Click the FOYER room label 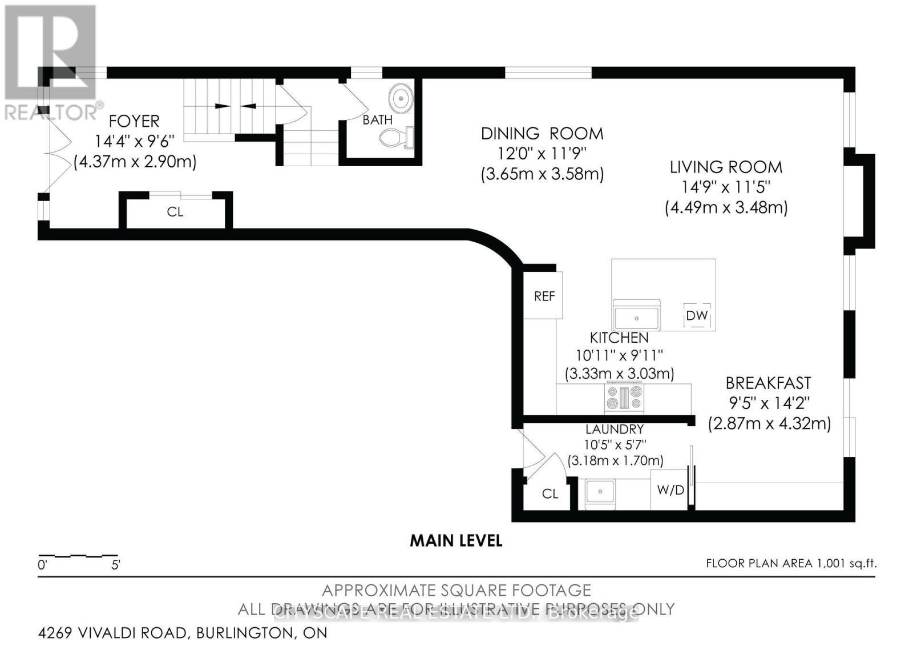coord(134,121)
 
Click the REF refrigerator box coord(544,296)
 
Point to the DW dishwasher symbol coord(697,315)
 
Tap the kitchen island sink coord(636,316)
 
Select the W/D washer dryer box coord(670,490)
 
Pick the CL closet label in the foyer coord(175,212)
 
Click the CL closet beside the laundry coord(550,493)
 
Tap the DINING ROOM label coord(542,134)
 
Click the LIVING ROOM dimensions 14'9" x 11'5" coord(726,187)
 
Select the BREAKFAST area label coord(768,383)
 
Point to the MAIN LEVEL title coord(456,540)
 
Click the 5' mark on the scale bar coord(116,565)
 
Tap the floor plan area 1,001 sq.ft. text coord(790,563)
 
